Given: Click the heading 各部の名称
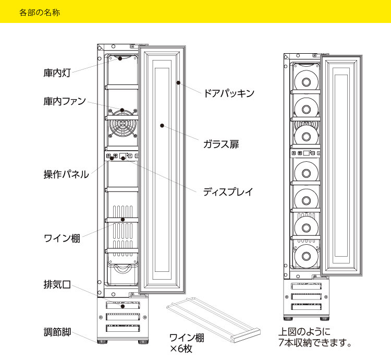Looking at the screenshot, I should (x=39, y=12).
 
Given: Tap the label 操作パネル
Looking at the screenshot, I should (x=66, y=174).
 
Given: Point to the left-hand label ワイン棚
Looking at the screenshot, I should (x=61, y=239).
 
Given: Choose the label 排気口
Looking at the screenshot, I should (x=56, y=286).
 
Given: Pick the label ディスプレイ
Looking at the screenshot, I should (x=228, y=191).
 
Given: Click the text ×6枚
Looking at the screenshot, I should (x=181, y=348).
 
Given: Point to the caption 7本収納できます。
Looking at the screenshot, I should (x=315, y=343).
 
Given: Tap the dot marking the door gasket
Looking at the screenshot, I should (x=178, y=82).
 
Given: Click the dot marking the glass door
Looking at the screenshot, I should (x=163, y=125).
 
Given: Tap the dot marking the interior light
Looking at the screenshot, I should (x=120, y=58).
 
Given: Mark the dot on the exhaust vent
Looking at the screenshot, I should (x=122, y=306).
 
